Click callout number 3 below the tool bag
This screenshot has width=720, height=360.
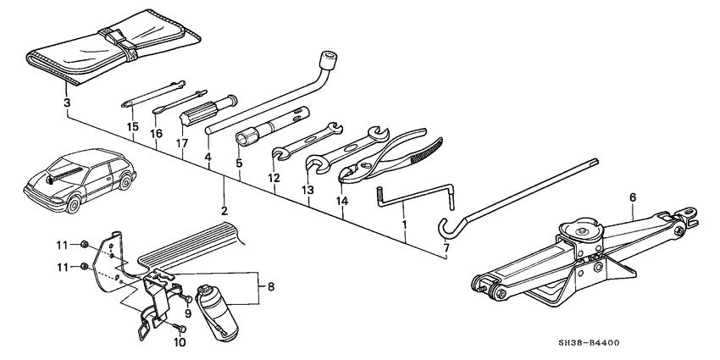66,103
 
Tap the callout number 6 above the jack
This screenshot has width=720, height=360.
632,197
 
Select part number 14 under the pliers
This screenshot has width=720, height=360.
342,202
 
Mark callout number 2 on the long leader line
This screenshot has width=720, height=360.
224,209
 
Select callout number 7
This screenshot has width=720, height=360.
446,251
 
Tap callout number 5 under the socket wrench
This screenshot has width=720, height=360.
240,163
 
